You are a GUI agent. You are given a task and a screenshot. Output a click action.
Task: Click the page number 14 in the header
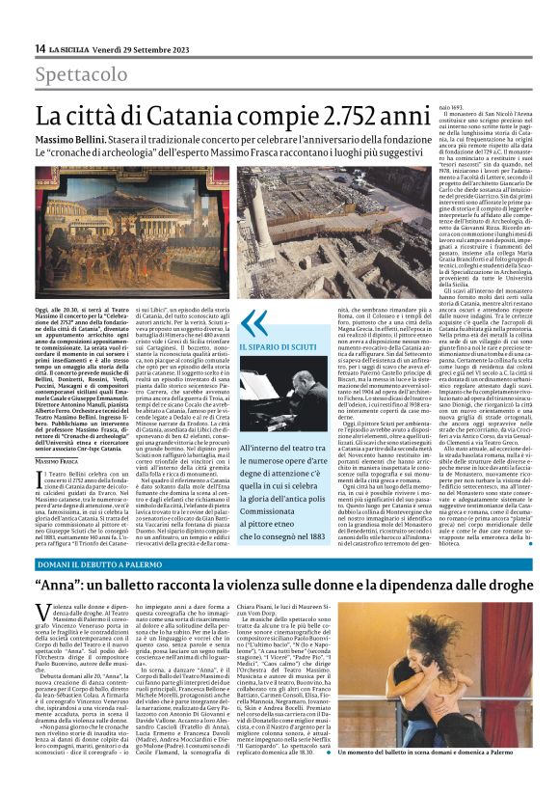coord(40,48)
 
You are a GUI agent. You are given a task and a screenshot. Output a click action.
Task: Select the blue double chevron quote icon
coord(253,322)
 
